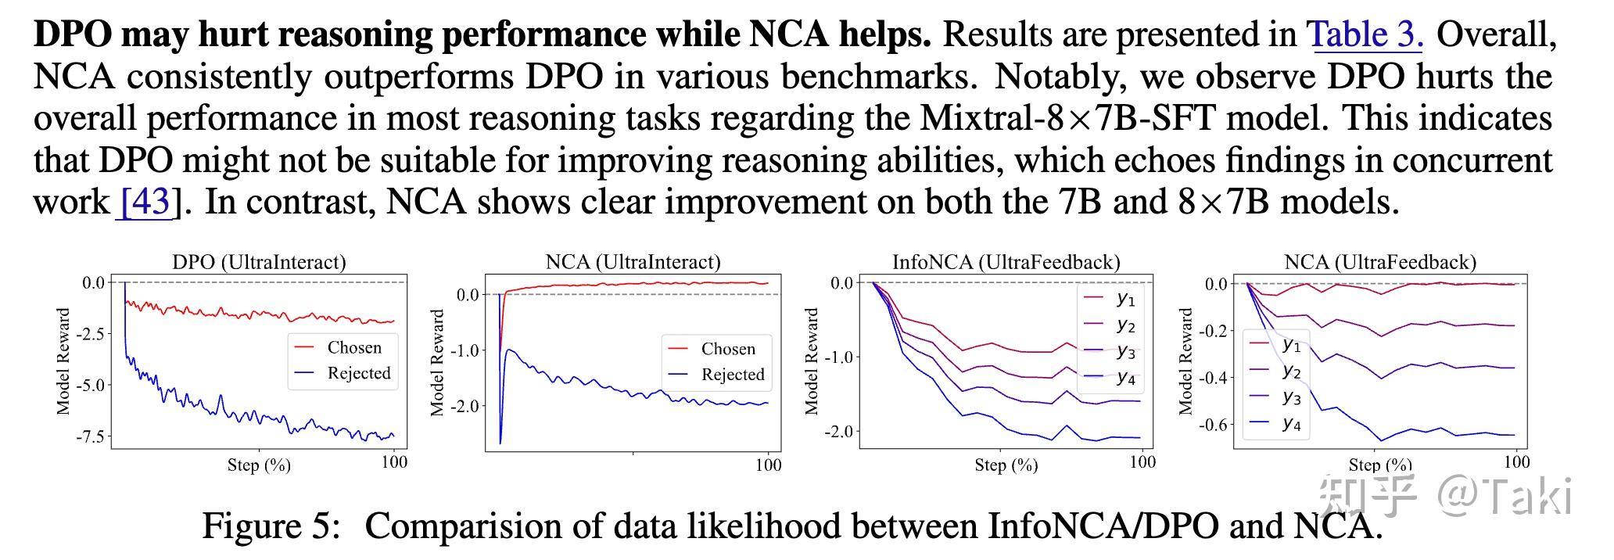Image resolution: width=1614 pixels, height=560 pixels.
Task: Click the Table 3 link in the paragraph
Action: (1364, 34)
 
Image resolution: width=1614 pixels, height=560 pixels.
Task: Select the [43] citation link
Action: (145, 202)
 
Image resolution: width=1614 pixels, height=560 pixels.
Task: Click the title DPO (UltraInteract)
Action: (259, 261)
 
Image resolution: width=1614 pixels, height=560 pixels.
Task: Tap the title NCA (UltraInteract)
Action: (633, 261)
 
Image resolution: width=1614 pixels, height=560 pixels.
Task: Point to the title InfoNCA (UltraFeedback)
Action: (1006, 261)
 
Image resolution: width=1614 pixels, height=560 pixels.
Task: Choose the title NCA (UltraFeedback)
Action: (1380, 261)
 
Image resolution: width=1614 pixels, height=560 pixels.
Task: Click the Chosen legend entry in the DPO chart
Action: (353, 347)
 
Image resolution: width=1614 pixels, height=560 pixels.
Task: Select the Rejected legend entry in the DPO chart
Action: (358, 373)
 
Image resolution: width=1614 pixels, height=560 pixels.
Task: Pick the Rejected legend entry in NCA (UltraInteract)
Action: (732, 375)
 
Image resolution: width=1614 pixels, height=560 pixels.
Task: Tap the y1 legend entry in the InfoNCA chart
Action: (1125, 298)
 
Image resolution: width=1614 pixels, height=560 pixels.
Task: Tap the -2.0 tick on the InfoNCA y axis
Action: (837, 432)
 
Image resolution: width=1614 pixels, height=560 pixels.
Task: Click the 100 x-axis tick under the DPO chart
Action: (394, 462)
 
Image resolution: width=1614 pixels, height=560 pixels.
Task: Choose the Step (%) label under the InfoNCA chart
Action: (1006, 465)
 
